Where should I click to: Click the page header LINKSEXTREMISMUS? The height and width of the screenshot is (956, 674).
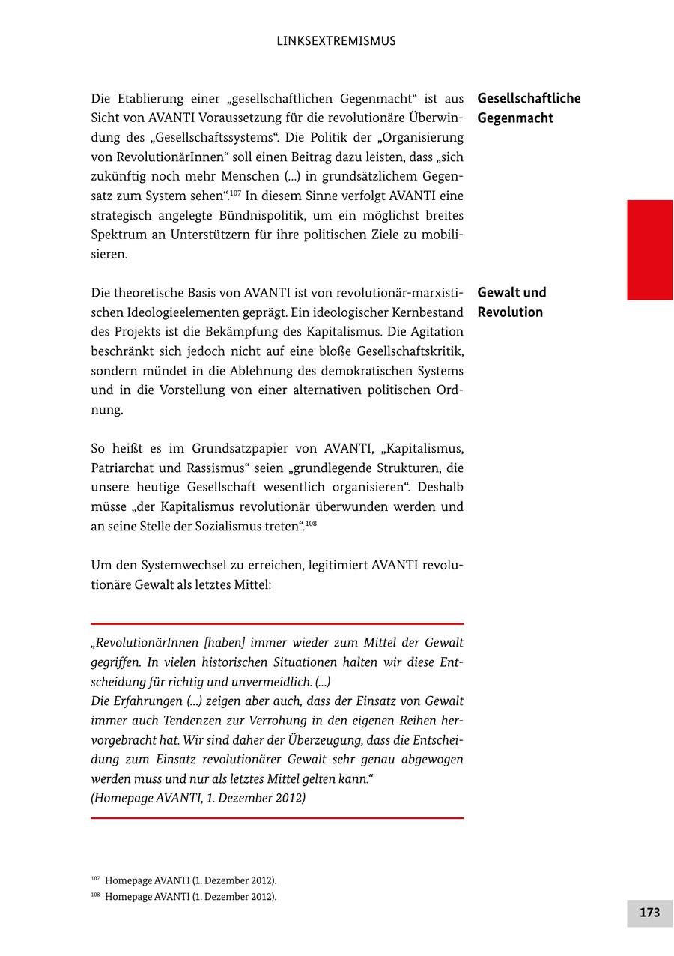tap(336, 41)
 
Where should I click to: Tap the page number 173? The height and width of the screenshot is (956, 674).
tap(649, 913)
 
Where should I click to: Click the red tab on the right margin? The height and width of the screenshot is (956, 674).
tap(649, 249)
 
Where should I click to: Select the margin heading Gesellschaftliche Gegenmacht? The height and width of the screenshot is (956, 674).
tap(529, 108)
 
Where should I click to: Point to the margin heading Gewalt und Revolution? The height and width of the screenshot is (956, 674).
tap(511, 302)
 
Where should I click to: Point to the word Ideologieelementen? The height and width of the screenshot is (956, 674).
tap(181, 312)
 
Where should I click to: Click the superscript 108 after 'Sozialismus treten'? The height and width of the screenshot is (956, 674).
tap(311, 523)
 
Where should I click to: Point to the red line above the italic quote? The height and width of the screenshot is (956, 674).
tap(277, 623)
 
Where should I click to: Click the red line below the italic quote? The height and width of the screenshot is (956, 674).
tap(277, 818)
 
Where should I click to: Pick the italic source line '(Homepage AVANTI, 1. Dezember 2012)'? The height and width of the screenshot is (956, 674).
tap(198, 798)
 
